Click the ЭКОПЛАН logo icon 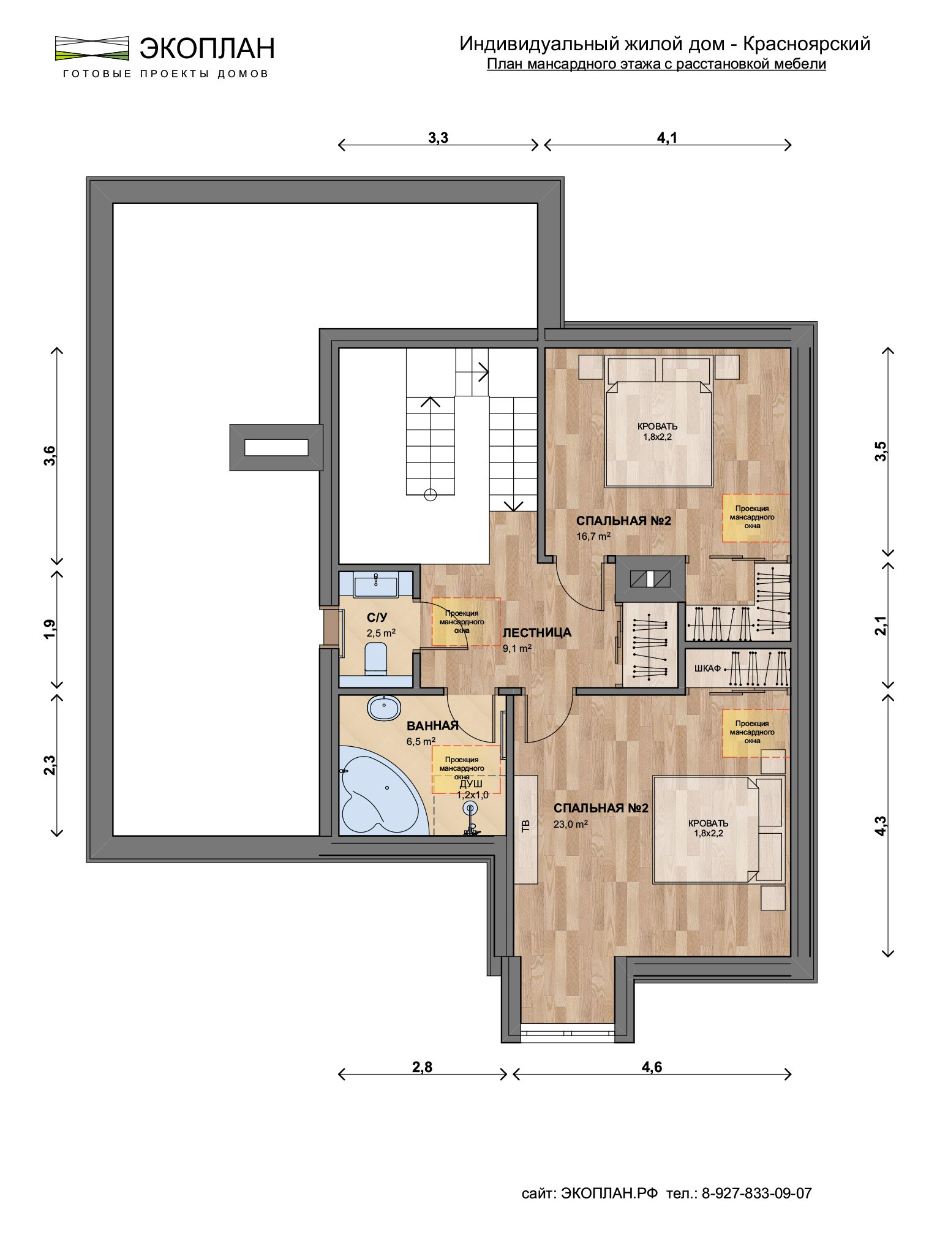point(92,48)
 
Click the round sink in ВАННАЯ point(384,708)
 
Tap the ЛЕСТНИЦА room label point(537,632)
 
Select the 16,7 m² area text point(593,536)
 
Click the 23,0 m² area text point(571,824)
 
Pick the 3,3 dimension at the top point(438,138)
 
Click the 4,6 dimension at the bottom point(652,1067)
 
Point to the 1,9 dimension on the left point(50,629)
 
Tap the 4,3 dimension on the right point(881,825)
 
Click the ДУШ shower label point(471,784)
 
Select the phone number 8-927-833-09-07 point(756,1193)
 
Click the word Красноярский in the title point(807,44)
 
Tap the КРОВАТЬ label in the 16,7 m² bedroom point(658,426)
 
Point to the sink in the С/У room point(375,584)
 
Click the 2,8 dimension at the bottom point(422,1067)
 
